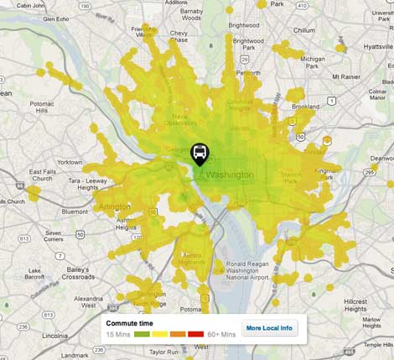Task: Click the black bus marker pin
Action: [200, 154]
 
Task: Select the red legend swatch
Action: [195, 334]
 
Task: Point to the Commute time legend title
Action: [129, 322]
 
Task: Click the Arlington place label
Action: [114, 206]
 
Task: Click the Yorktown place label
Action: [69, 162]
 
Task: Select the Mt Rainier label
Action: [361, 76]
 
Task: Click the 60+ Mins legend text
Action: [222, 334]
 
